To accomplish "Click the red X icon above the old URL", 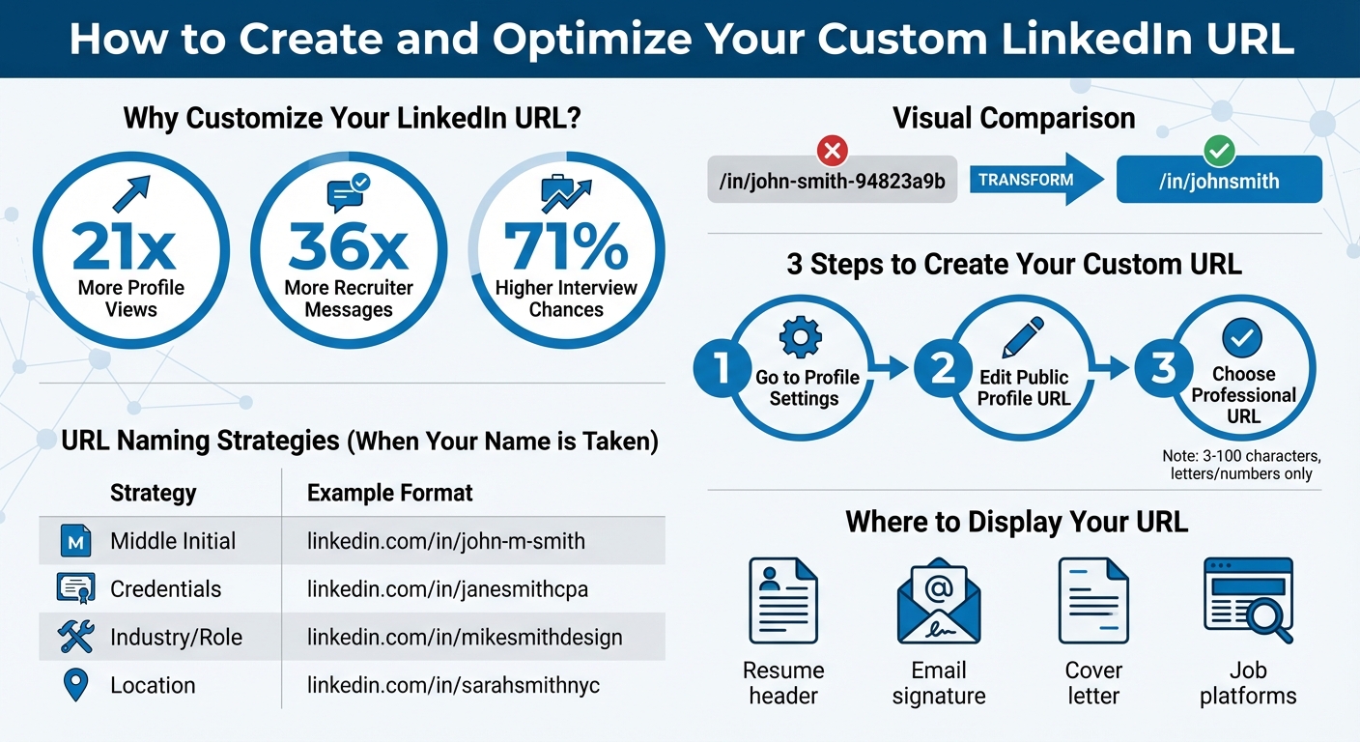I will pyautogui.click(x=832, y=151).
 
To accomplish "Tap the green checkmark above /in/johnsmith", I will pyautogui.click(x=1219, y=151).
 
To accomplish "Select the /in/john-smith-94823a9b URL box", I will pyautogui.click(x=832, y=181).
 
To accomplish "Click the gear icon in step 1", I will pyautogui.click(x=800, y=339).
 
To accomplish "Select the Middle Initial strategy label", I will pyautogui.click(x=173, y=541).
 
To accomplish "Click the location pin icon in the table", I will pyautogui.click(x=74, y=685).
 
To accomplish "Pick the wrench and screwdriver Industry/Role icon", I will pyautogui.click(x=75, y=637).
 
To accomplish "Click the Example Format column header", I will pyautogui.click(x=389, y=493).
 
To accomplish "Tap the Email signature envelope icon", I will pyautogui.click(x=938, y=601).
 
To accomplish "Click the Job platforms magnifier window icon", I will pyautogui.click(x=1248, y=600).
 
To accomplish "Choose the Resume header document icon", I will pyautogui.click(x=783, y=601).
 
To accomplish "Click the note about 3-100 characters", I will pyautogui.click(x=1241, y=464).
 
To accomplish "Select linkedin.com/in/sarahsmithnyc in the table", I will pyautogui.click(x=453, y=685).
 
